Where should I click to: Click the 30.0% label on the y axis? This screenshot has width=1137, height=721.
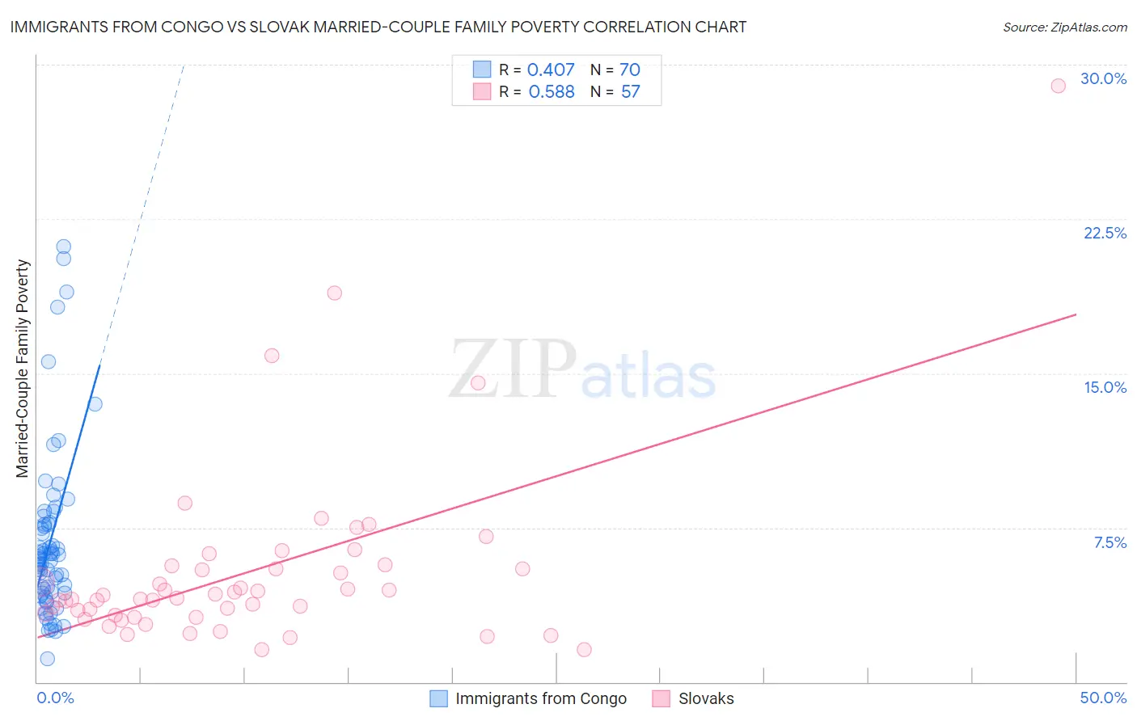click(1103, 78)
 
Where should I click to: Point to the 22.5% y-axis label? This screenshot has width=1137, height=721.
click(1105, 233)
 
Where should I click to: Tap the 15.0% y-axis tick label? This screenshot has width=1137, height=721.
click(1105, 387)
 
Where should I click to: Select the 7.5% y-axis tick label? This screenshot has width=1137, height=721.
click(1110, 542)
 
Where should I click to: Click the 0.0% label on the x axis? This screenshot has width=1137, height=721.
click(55, 698)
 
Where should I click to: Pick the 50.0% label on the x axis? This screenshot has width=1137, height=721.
click(1103, 698)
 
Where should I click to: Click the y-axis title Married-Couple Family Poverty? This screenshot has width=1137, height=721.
click(23, 369)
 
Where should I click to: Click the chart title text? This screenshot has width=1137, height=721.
click(378, 27)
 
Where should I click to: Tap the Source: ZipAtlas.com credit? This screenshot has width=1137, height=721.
click(1064, 27)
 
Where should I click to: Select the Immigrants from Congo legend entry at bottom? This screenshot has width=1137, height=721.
click(540, 698)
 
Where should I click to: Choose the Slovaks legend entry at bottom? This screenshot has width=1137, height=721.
click(706, 698)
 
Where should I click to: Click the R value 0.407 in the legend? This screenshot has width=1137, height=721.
click(551, 70)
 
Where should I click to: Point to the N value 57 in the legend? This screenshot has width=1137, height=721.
click(630, 91)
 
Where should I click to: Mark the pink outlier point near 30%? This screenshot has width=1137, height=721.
click(1058, 86)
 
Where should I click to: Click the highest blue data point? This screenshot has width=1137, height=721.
click(63, 247)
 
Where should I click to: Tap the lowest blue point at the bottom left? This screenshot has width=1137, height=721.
click(48, 659)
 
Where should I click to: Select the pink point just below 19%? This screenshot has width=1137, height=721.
click(335, 293)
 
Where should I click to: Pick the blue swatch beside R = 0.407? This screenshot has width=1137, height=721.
click(482, 70)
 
